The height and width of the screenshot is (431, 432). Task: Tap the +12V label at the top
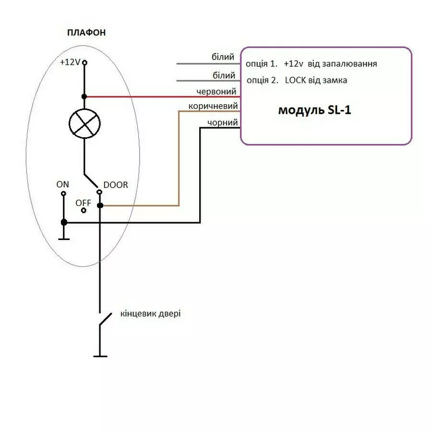click(x=70, y=62)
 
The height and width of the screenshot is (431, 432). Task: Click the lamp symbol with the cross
click(x=85, y=123)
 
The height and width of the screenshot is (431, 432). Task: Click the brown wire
click(x=179, y=158)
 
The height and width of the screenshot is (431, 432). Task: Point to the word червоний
click(x=216, y=91)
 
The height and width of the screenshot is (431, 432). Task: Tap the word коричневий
click(x=213, y=106)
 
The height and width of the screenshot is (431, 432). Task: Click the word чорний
click(x=222, y=122)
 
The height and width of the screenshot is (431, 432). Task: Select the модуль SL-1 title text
click(x=315, y=110)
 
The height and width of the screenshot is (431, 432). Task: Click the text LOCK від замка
click(x=316, y=80)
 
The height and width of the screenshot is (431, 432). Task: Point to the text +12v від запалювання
click(x=330, y=63)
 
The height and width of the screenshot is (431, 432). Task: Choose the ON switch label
click(x=63, y=184)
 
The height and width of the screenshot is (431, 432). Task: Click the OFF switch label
click(x=83, y=203)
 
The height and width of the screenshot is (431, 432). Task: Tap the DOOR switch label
click(x=116, y=185)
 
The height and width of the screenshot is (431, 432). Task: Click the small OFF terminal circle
click(x=84, y=211)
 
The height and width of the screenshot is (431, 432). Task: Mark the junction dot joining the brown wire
click(x=100, y=205)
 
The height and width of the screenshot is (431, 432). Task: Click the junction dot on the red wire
click(x=85, y=96)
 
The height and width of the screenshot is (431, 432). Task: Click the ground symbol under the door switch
click(x=100, y=356)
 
